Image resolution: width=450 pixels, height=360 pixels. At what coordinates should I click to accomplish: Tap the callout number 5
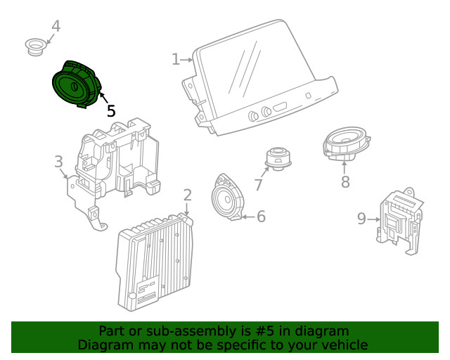tap(111, 111)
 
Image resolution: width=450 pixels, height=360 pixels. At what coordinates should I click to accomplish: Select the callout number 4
tap(56, 27)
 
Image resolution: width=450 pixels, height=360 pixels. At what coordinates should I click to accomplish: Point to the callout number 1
tap(176, 60)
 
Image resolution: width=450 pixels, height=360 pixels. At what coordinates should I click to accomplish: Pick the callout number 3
tap(59, 162)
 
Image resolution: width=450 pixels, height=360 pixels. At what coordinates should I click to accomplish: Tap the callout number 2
tap(187, 195)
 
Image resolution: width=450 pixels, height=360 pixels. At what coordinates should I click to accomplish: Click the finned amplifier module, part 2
tap(155, 260)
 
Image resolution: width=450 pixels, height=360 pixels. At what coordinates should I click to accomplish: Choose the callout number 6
tap(261, 217)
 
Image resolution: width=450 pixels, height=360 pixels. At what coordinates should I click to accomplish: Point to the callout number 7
tap(258, 185)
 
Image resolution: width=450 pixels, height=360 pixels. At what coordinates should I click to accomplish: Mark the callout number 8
tap(345, 183)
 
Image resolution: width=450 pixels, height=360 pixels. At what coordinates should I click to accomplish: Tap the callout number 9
tap(361, 219)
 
